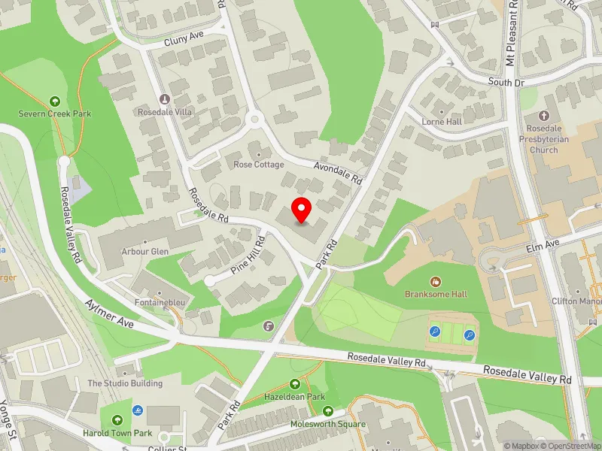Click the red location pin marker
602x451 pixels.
point(302,210)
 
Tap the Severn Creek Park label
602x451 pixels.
point(55,114)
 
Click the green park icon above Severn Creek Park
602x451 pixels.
point(54,101)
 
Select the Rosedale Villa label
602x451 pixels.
point(165,111)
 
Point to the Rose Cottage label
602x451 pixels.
point(258,164)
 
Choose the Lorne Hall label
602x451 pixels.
point(442,121)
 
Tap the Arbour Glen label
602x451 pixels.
point(144,252)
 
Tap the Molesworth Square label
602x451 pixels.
point(328,424)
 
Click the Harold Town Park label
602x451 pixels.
point(117,432)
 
